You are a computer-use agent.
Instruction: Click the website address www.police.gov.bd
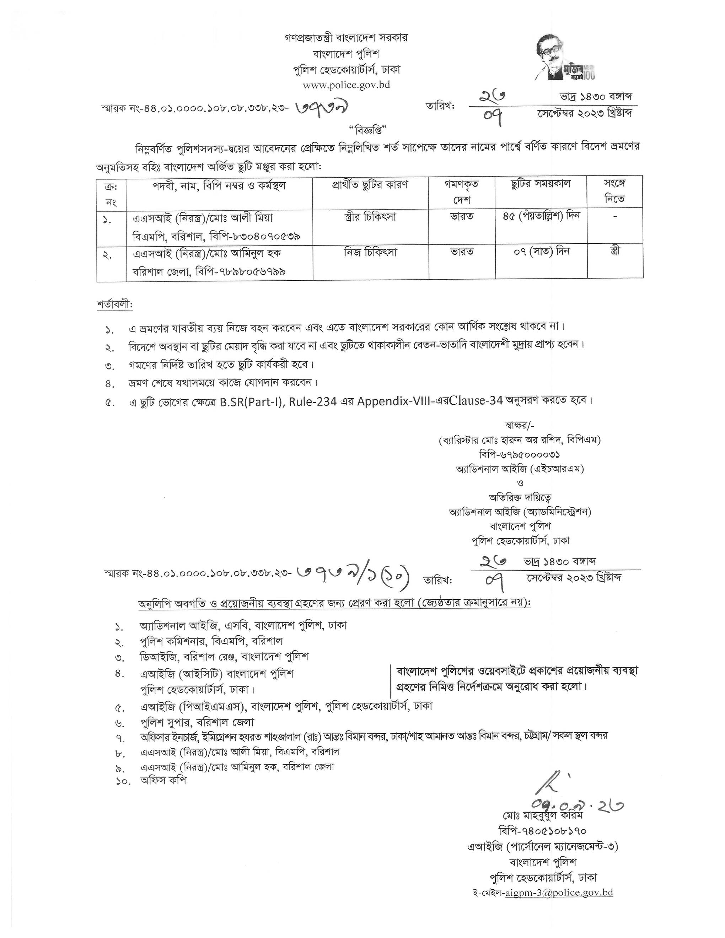[346, 85]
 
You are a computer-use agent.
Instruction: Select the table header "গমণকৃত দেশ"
[462, 192]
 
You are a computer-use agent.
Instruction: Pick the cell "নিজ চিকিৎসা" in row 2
[370, 253]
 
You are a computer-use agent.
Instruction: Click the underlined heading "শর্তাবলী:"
[115, 304]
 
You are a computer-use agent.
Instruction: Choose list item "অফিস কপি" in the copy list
[163, 781]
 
